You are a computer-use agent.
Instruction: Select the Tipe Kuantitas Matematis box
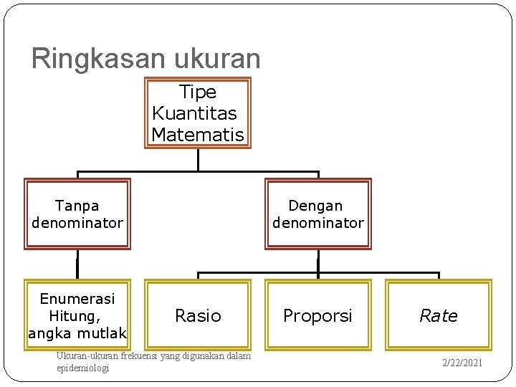[x=198, y=113]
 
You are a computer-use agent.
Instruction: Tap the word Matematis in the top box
[x=198, y=134]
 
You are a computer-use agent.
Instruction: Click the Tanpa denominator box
[x=77, y=214]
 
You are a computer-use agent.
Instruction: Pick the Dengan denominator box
[x=318, y=214]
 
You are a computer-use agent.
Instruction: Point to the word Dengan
[x=318, y=206]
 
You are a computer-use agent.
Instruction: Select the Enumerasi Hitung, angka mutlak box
[x=77, y=315]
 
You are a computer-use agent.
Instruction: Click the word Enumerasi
[x=77, y=298]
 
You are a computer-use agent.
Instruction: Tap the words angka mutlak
[x=77, y=333]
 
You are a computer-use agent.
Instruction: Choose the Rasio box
[x=198, y=315]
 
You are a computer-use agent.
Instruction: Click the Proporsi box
[x=318, y=315]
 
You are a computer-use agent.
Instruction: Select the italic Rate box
[x=439, y=315]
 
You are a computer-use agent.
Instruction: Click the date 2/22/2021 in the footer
[x=462, y=363]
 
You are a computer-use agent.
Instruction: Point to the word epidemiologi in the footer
[x=82, y=368]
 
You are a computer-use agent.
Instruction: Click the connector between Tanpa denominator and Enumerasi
[x=77, y=264]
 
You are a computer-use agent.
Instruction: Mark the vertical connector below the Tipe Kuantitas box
[x=198, y=159]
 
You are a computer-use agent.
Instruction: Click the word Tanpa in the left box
[x=77, y=206]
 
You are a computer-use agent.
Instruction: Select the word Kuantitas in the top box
[x=195, y=113]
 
